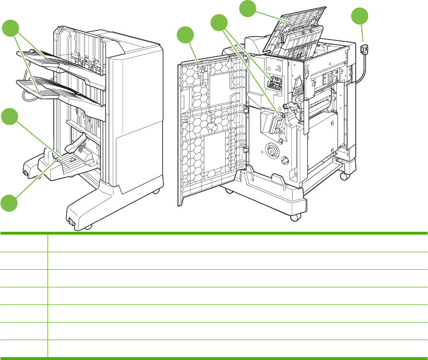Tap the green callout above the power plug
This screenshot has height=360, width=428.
click(360, 17)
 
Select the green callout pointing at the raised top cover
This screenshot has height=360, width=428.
click(247, 8)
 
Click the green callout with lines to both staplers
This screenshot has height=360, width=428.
click(219, 23)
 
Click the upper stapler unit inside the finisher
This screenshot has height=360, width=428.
click(274, 82)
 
